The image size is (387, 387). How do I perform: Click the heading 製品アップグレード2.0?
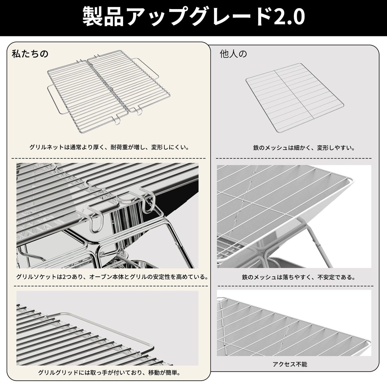(193, 17)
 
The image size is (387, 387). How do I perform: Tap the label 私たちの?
(30, 54)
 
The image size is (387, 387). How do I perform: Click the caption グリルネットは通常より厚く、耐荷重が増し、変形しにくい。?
(109, 148)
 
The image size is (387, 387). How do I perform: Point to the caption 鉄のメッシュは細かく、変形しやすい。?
(304, 148)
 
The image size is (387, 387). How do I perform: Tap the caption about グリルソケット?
(112, 277)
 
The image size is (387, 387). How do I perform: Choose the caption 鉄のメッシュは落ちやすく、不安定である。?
(298, 277)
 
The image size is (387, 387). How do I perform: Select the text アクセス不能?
(290, 364)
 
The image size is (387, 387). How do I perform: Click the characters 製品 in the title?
(103, 17)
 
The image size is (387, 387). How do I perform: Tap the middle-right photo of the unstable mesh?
(294, 216)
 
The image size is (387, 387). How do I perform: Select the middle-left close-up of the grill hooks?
(107, 216)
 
